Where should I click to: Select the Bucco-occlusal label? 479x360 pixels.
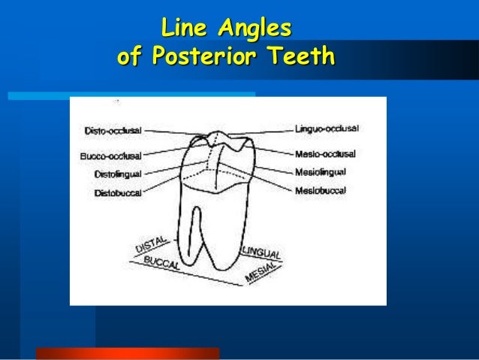point(110,156)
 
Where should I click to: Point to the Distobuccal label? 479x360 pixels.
point(117,192)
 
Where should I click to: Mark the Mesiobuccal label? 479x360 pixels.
point(321,191)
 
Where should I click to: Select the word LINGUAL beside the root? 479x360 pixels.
point(261,253)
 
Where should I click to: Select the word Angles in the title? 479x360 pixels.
point(253,30)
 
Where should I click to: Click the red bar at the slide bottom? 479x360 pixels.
point(127,353)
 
